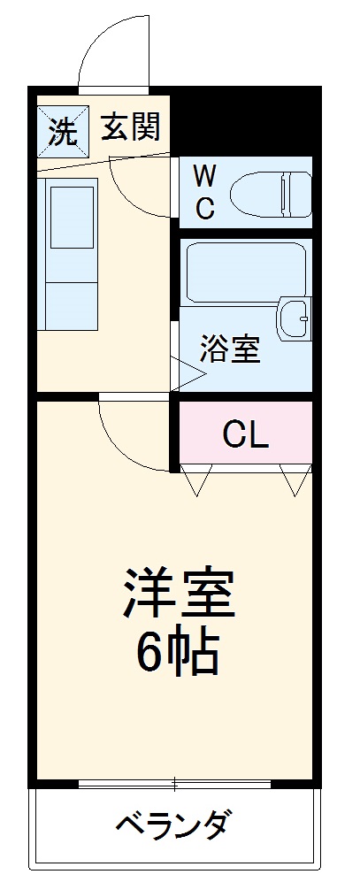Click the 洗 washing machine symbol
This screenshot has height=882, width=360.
click(62, 130)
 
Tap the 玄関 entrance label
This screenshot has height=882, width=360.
click(129, 128)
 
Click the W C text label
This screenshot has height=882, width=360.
click(204, 189)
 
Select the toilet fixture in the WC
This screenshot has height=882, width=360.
click(270, 190)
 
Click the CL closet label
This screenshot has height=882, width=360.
click(245, 433)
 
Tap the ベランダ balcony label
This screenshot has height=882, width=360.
click(174, 826)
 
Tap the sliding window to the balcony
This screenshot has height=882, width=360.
click(174, 783)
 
